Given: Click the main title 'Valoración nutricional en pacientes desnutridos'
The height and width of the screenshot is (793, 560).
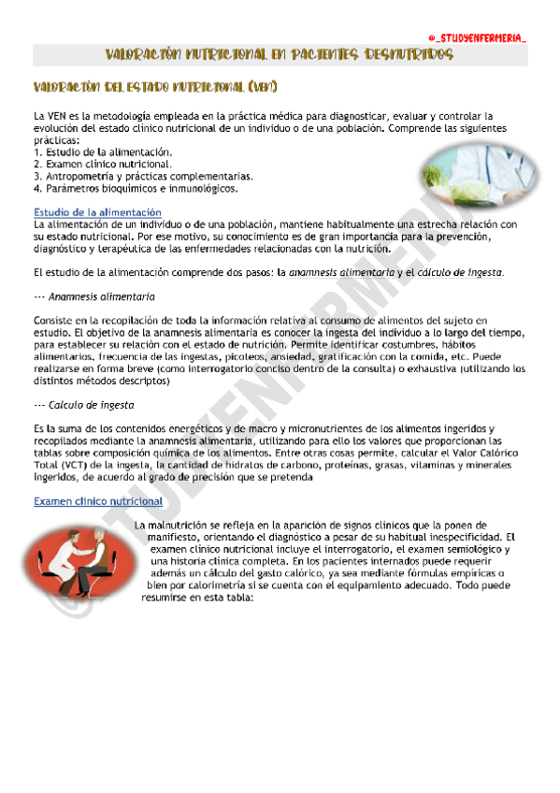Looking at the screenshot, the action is [x=279, y=55].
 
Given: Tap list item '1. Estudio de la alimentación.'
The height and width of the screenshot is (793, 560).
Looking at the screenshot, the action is [x=103, y=151].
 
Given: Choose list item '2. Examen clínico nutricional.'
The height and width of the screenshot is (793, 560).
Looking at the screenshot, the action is [x=102, y=164].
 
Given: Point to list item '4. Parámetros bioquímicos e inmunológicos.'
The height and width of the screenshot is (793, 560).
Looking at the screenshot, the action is [x=136, y=188].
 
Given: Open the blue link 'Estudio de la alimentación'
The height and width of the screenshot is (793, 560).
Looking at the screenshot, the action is [x=97, y=212].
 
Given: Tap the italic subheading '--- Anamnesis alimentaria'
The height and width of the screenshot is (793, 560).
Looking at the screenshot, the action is [x=93, y=296].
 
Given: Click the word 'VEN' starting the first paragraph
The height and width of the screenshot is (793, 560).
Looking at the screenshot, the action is [x=56, y=115].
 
